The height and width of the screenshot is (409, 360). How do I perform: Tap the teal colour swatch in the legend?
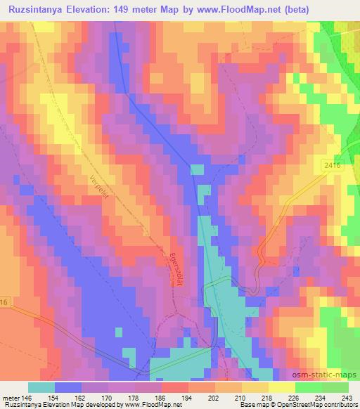click(41, 387)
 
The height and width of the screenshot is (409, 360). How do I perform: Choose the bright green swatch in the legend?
click(308, 387)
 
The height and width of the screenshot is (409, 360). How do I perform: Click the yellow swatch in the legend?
click(281, 387)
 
